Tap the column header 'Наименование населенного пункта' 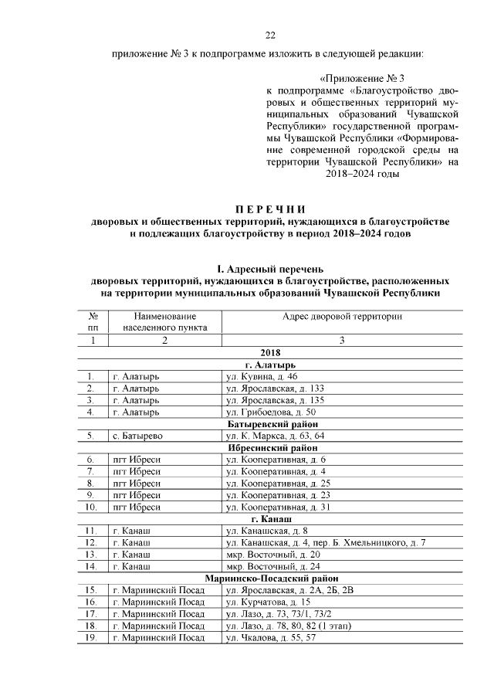click(x=164, y=321)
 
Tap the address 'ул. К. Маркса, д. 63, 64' click(x=275, y=436)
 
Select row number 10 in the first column click(x=91, y=507)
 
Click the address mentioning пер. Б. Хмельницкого click(x=325, y=543)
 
